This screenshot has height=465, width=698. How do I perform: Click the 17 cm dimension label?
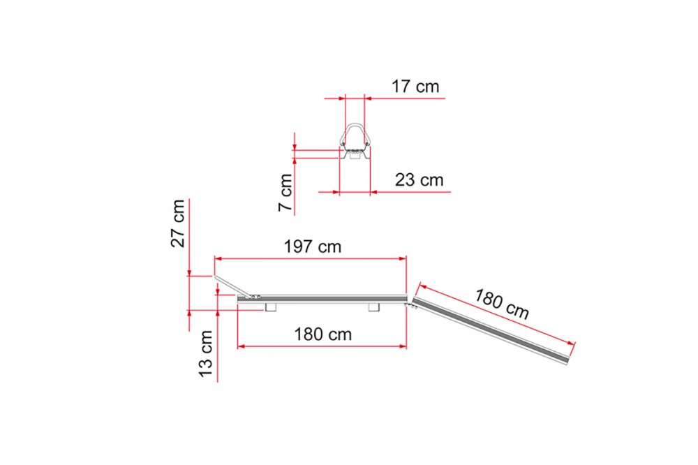click(415, 87)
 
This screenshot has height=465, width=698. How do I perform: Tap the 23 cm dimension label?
click(419, 180)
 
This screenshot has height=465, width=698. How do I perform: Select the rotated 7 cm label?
click(285, 193)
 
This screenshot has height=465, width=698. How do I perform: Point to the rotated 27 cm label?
click(178, 223)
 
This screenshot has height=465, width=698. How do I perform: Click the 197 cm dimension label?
click(313, 246)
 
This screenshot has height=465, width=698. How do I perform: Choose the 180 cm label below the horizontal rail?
click(322, 334)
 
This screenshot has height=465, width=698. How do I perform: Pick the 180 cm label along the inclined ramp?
click(502, 304)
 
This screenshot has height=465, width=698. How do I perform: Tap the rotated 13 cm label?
click(206, 354)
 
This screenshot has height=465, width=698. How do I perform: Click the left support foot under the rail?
click(271, 307)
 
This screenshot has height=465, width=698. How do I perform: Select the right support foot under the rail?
click(374, 307)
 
